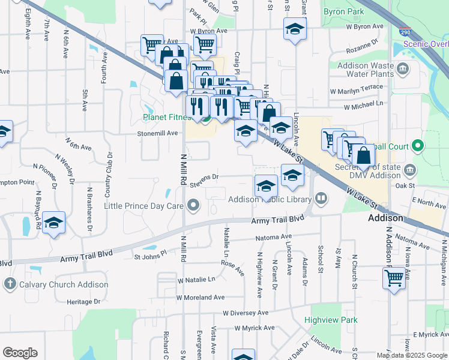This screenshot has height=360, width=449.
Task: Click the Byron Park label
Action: click(x=343, y=11)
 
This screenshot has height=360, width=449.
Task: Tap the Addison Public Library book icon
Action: click(x=321, y=199)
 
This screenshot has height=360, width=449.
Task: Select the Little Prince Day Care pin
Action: click(x=193, y=206)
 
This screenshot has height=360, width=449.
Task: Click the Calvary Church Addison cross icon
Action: click(x=10, y=284)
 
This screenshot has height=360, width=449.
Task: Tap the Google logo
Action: click(x=20, y=352)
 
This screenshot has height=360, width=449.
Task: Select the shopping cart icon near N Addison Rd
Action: click(x=394, y=278)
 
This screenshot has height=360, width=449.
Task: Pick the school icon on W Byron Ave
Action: click(x=295, y=29)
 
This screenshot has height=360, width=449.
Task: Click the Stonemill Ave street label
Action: click(x=158, y=133)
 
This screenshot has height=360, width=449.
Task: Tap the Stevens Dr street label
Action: click(x=203, y=177)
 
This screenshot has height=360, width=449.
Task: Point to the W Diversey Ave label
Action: click(x=246, y=313)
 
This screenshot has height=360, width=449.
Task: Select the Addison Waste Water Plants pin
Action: click(x=404, y=67)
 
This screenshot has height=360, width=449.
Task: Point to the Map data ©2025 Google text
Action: click(x=412, y=355)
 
